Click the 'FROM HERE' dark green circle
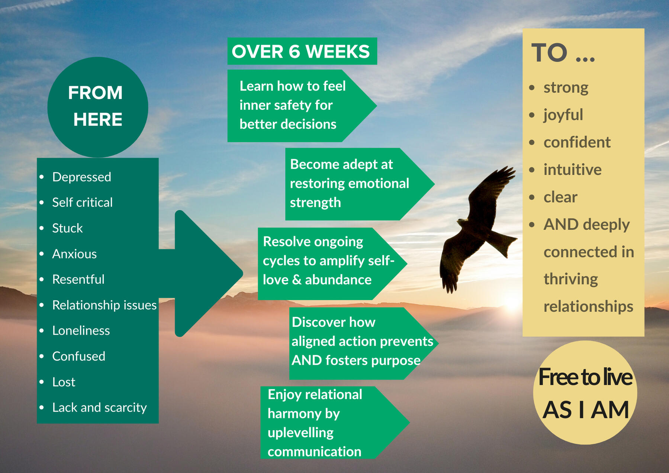point(98,107)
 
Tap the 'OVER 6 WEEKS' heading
point(302,51)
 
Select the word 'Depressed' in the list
point(82,177)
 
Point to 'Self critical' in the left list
point(82,202)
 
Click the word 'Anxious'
point(74,254)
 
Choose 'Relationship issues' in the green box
point(104,305)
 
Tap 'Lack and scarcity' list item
point(100,408)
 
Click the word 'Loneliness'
point(81,331)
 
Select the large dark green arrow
point(201,274)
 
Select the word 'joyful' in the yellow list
point(563,115)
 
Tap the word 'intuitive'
point(572,170)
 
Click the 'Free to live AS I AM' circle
point(585,393)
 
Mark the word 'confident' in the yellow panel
point(577,142)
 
